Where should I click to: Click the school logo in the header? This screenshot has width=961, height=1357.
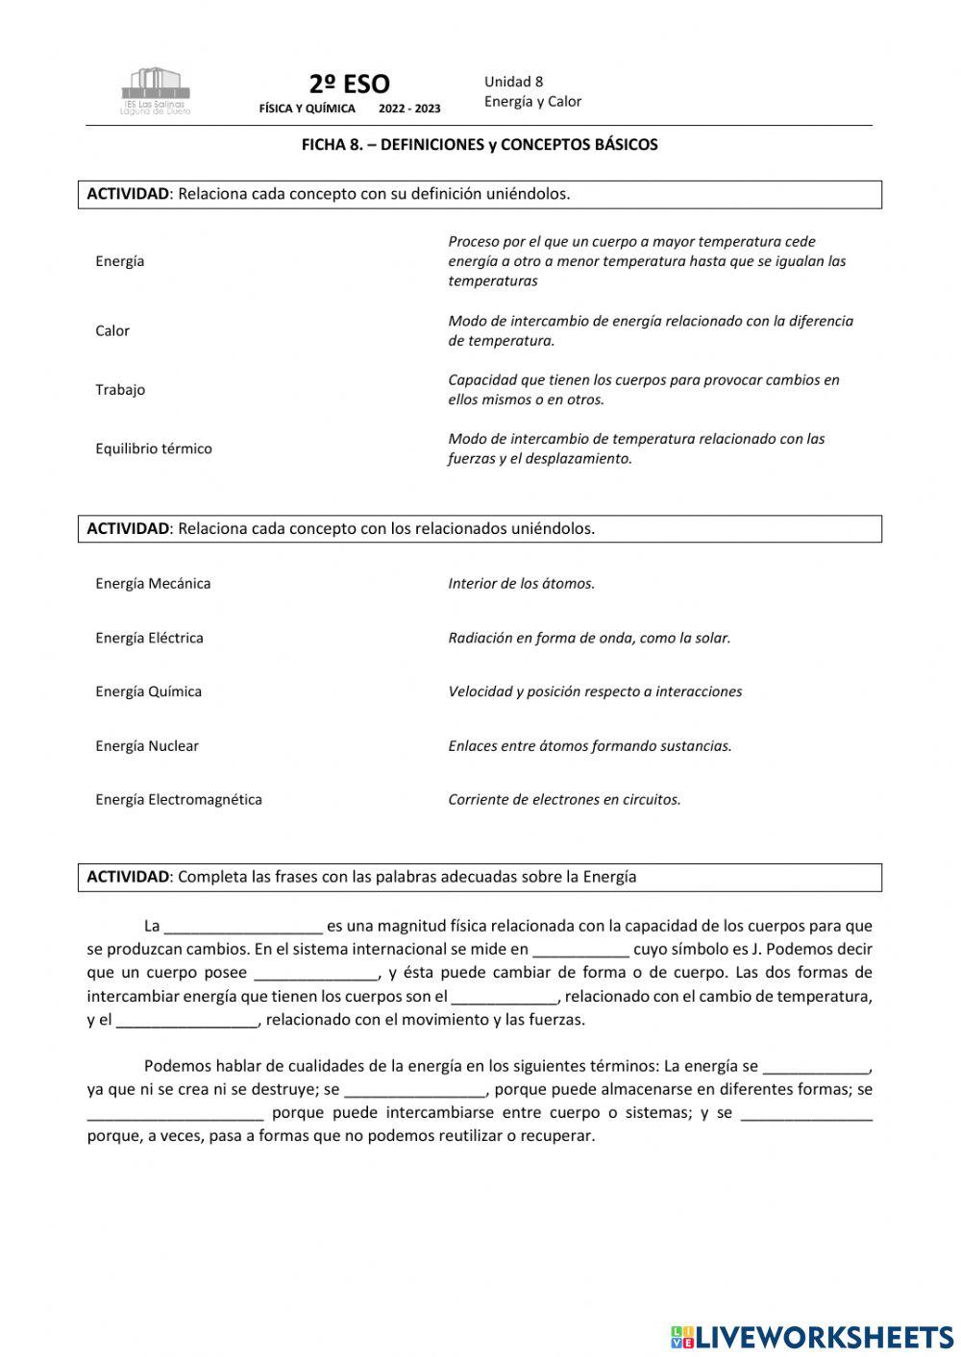point(156,91)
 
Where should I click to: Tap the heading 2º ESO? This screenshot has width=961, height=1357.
point(349,85)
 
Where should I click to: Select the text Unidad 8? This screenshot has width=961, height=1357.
point(513,82)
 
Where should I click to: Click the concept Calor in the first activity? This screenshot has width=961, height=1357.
point(112,330)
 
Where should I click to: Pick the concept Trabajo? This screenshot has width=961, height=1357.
point(120,390)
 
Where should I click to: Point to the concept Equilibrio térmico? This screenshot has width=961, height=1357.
point(154,448)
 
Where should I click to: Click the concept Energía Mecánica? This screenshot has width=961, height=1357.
point(153,583)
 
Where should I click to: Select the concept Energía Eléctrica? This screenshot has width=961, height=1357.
point(149,638)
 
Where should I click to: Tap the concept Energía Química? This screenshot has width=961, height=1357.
point(148,691)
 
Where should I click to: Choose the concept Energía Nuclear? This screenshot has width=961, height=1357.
point(147,746)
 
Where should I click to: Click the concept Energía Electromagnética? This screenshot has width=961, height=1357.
point(179,800)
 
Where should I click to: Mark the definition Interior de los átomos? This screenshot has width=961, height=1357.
point(521,583)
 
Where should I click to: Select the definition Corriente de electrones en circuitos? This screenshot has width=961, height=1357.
point(564,800)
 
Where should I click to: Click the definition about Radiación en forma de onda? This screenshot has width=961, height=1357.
point(589,638)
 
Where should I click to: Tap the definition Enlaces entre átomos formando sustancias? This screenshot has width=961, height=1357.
point(589,746)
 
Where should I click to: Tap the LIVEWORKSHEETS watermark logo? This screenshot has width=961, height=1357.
point(812,1336)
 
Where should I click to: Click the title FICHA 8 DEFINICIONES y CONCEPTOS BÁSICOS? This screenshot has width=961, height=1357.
point(480,145)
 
